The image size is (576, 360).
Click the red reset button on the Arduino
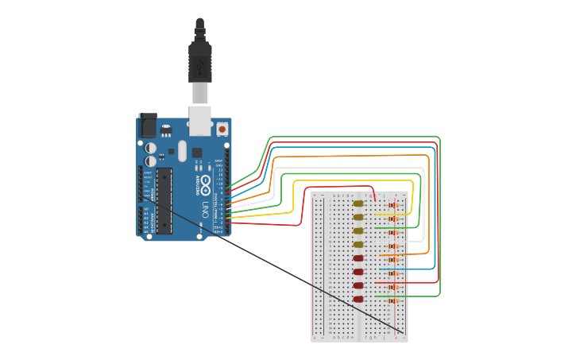pyautogui.click(x=222, y=129)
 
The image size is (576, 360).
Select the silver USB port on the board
pyautogui.click(x=199, y=118)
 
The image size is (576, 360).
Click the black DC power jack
pyautogui.click(x=148, y=126)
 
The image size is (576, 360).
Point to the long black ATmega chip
pyautogui.click(x=164, y=200)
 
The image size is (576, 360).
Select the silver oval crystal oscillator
pyautogui.click(x=182, y=151)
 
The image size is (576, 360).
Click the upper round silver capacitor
pyautogui.click(x=150, y=148)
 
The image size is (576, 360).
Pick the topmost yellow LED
pyautogui.click(x=358, y=203)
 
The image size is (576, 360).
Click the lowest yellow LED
pyautogui.click(x=358, y=245)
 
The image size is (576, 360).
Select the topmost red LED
pyautogui.click(x=358, y=258)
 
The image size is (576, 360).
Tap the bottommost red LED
pyautogui.click(x=358, y=300)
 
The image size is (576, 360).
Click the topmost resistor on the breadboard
pyautogui.click(x=392, y=205)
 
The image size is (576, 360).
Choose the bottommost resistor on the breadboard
pyautogui.click(x=392, y=300)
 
